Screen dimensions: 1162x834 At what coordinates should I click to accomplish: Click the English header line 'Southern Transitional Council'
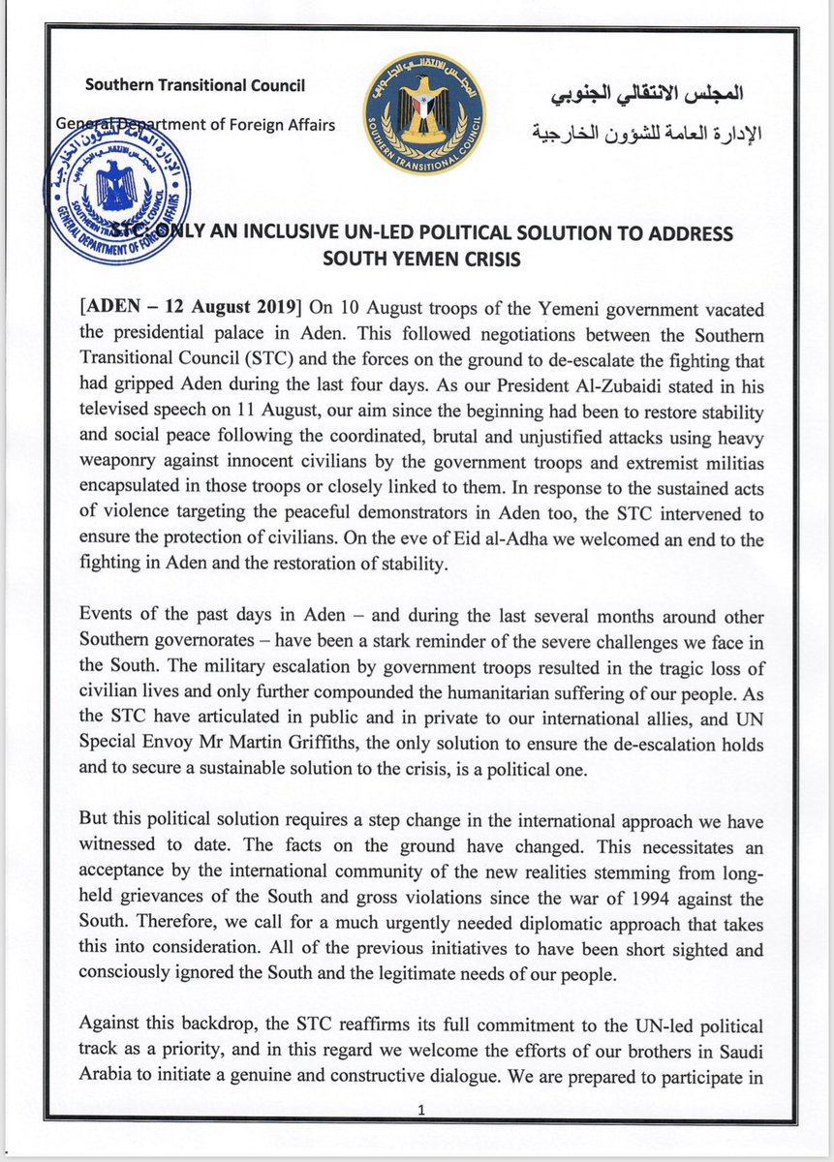coord(196,85)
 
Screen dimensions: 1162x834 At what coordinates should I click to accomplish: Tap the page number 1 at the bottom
coord(417,1113)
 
